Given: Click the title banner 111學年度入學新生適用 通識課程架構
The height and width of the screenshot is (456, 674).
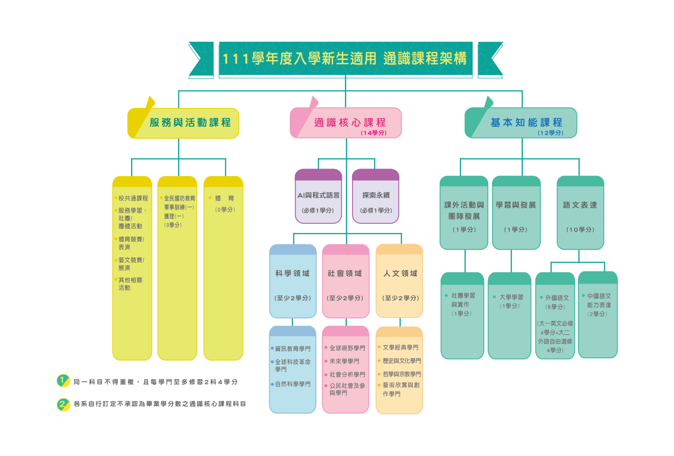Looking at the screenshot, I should [345, 59].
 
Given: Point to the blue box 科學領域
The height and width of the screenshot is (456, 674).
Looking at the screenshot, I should [292, 281].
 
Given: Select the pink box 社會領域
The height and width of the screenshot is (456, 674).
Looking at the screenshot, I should [345, 281].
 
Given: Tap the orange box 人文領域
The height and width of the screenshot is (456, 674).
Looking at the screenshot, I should [400, 281].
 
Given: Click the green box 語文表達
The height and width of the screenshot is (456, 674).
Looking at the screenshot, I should [580, 213].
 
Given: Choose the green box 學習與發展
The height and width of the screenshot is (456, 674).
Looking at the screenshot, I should [516, 213].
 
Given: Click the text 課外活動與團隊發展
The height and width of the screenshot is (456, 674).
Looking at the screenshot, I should [464, 210].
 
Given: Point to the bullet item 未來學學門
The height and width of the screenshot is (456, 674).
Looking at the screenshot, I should [344, 361].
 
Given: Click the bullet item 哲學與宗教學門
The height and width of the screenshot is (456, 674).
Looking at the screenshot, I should [401, 374].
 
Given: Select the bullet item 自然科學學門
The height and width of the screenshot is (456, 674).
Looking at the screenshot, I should [292, 384].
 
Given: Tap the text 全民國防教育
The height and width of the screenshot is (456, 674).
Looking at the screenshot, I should [179, 198].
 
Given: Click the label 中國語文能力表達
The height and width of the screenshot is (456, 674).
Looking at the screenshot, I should [599, 300].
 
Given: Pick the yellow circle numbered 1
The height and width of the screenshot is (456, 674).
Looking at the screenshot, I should [63, 381].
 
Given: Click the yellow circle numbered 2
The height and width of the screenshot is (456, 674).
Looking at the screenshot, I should [63, 404].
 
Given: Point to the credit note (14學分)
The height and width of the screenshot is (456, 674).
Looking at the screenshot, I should [373, 133].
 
